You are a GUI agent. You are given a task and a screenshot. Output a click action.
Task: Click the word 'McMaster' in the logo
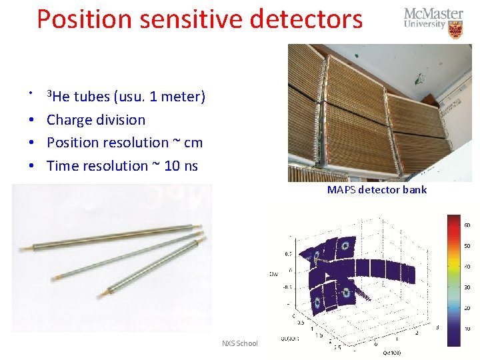click(x=433, y=14)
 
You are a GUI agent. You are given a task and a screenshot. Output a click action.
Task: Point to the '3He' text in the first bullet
click(x=58, y=97)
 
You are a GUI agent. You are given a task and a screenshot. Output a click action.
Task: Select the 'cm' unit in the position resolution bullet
click(x=193, y=143)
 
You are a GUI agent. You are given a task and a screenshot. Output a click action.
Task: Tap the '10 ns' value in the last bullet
click(x=181, y=166)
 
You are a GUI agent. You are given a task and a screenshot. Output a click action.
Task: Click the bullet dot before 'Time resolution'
click(x=31, y=166)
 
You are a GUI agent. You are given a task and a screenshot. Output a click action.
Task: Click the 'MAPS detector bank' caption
click(x=377, y=190)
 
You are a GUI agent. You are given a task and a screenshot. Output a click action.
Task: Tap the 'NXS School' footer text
click(x=239, y=343)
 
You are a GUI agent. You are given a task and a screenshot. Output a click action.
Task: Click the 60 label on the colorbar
click(x=467, y=225)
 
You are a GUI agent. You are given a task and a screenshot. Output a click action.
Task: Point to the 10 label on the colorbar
click(x=467, y=329)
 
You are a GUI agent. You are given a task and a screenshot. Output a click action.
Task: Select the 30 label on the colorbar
click(x=467, y=287)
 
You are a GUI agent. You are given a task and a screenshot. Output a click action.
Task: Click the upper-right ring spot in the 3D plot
click(x=345, y=245)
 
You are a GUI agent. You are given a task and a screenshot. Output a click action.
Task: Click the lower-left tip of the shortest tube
click(x=101, y=295)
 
